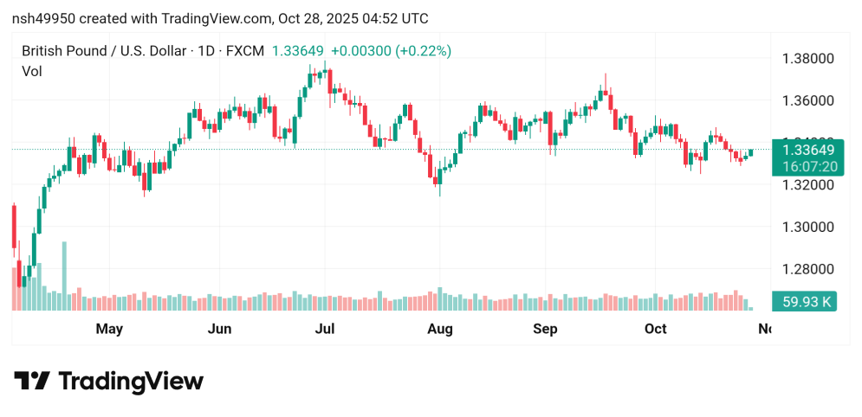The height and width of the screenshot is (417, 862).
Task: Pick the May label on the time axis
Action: click(109, 329)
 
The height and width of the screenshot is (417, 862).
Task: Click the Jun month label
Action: click(220, 329)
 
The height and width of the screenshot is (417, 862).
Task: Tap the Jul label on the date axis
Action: click(325, 329)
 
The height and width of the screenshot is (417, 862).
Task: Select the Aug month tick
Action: click(440, 329)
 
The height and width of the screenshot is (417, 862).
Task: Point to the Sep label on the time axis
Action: click(545, 329)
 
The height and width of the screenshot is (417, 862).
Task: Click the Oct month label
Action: click(656, 329)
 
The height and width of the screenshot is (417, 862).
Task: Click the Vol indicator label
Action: click(31, 71)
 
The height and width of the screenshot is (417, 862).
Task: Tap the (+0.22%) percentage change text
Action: click(424, 51)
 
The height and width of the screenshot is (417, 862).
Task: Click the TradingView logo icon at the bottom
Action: click(32, 381)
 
